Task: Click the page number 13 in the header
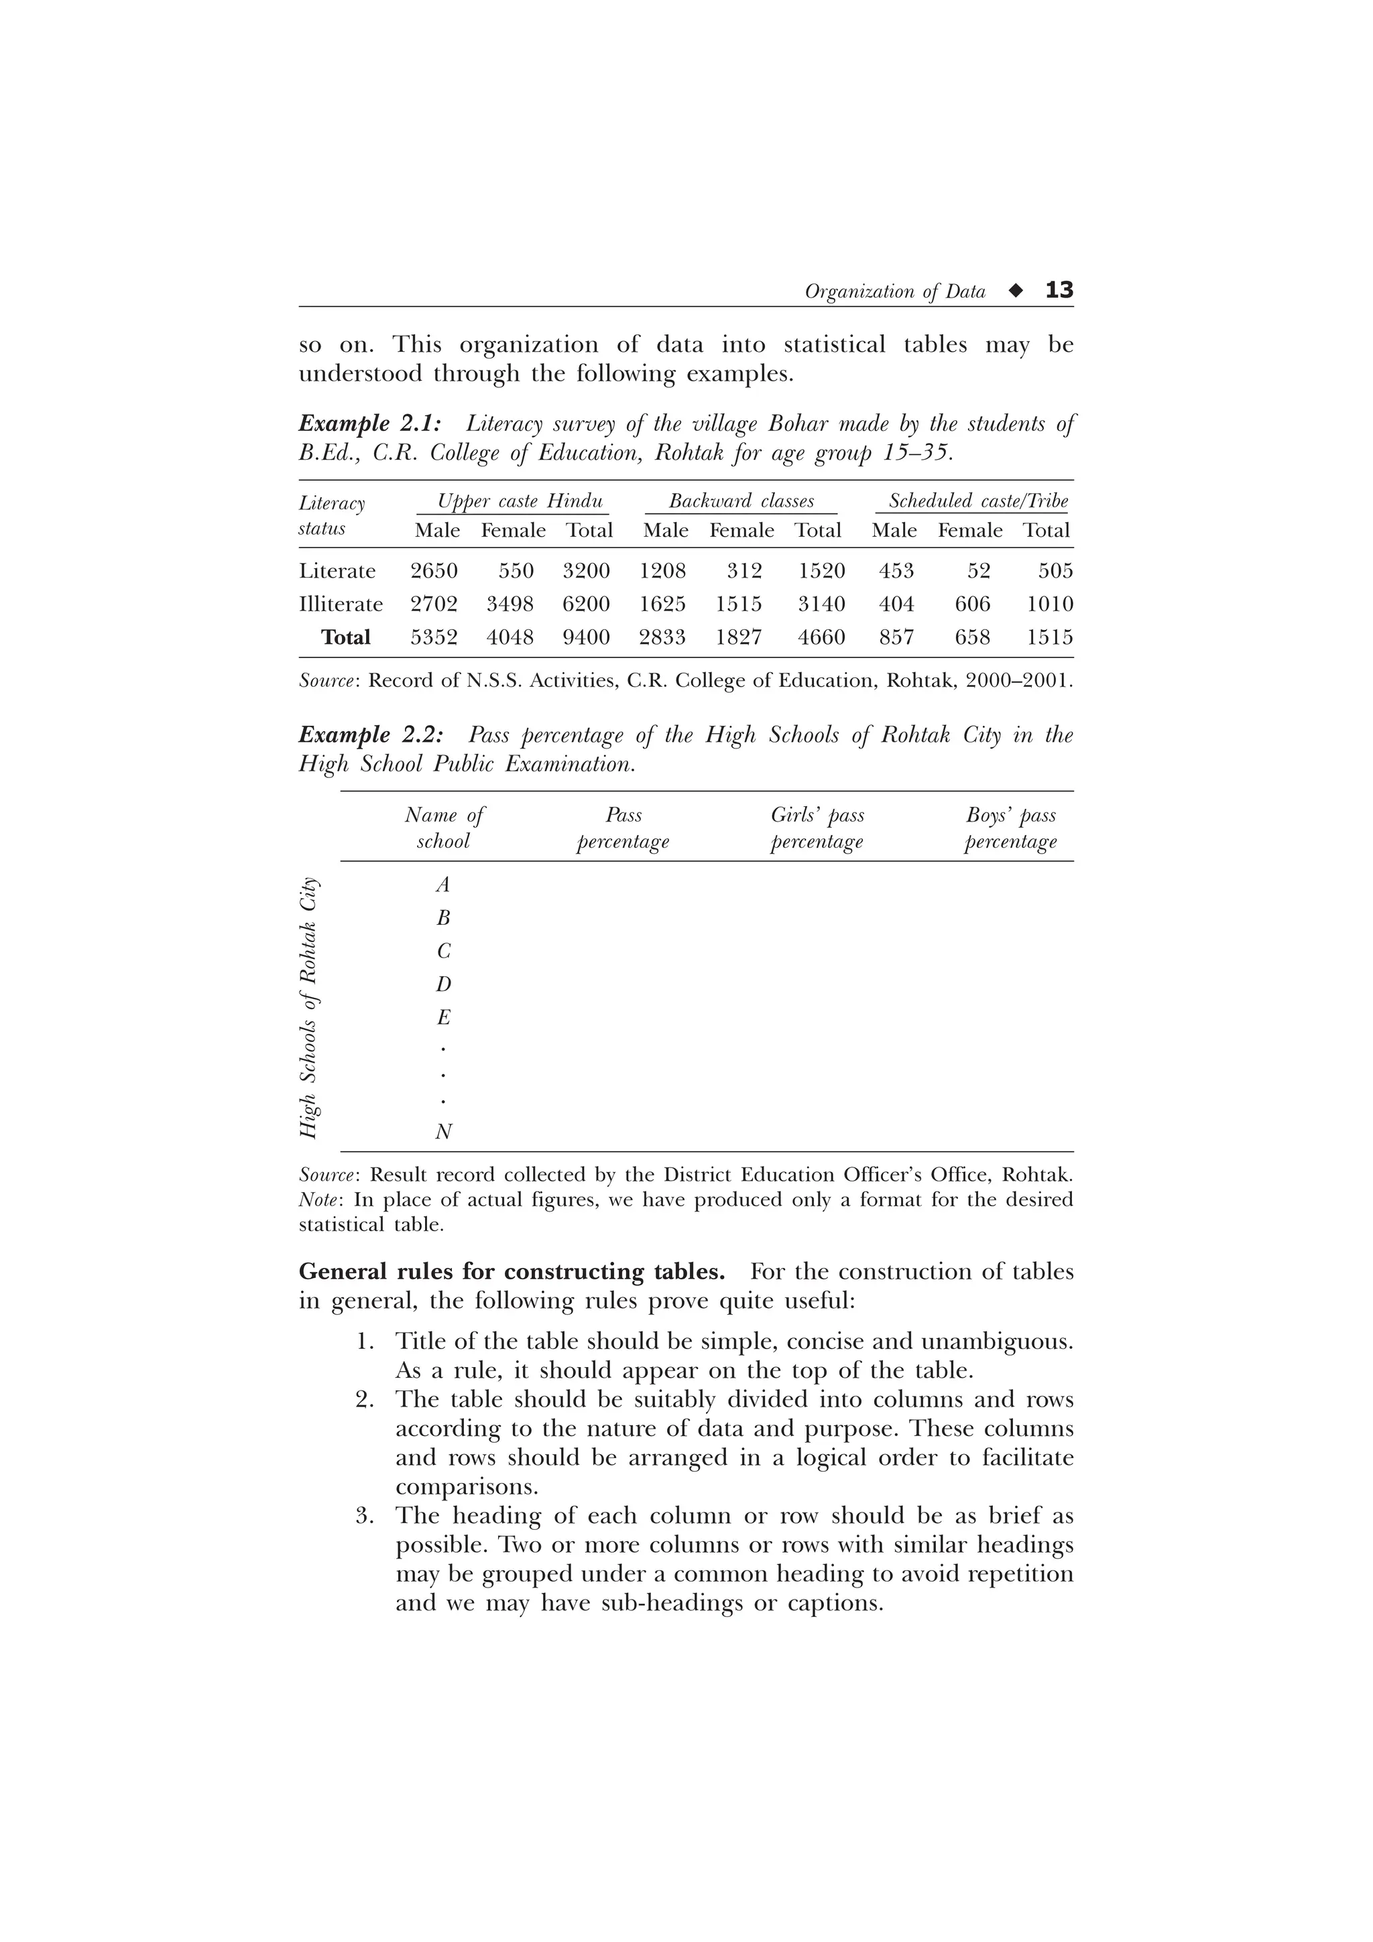pyautogui.click(x=1059, y=290)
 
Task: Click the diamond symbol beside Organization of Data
pyautogui.click(x=1015, y=291)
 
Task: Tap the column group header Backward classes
pyautogui.click(x=741, y=501)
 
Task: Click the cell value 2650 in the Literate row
pyautogui.click(x=434, y=571)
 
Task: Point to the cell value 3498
pyautogui.click(x=510, y=604)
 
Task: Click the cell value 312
pyautogui.click(x=744, y=571)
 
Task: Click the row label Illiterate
pyautogui.click(x=341, y=604)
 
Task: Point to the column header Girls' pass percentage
pyautogui.click(x=817, y=828)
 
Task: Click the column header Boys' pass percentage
pyautogui.click(x=1011, y=828)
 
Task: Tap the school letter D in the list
pyautogui.click(x=443, y=984)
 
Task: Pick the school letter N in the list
pyautogui.click(x=443, y=1132)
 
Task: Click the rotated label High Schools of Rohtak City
pyautogui.click(x=310, y=1007)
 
